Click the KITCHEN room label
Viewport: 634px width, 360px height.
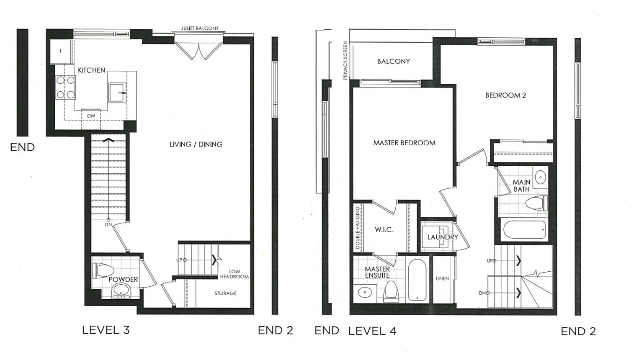click(x=91, y=70)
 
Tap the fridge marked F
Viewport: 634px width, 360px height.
click(x=61, y=51)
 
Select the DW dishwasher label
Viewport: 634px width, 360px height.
click(x=91, y=116)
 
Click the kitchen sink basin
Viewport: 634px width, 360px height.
click(x=117, y=93)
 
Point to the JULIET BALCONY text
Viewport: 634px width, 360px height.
click(x=200, y=28)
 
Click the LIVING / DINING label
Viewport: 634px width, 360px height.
click(x=196, y=144)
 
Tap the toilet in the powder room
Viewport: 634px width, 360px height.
click(x=103, y=270)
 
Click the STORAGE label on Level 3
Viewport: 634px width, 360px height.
click(x=226, y=293)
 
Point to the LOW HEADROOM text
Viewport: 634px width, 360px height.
click(x=235, y=274)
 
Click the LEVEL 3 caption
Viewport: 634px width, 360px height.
click(x=106, y=330)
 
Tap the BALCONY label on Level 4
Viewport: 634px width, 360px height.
click(x=393, y=62)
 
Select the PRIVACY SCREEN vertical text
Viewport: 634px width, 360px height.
click(x=345, y=60)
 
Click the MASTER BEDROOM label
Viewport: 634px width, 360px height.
click(x=404, y=143)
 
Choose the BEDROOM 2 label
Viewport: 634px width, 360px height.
click(x=505, y=95)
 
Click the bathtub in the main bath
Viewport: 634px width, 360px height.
click(x=524, y=229)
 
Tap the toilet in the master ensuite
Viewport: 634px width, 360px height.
click(x=390, y=291)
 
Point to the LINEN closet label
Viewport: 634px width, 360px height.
click(x=442, y=278)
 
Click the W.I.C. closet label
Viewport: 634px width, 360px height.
click(x=384, y=229)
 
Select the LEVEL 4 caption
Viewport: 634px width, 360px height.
click(x=372, y=331)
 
